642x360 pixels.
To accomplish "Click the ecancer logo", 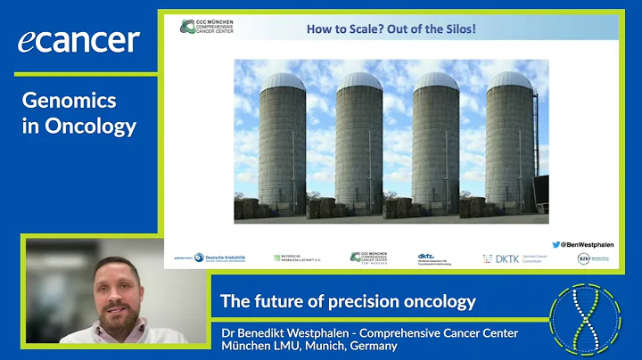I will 78,40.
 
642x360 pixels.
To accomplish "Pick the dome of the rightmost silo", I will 510,81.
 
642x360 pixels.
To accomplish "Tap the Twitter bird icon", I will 556,243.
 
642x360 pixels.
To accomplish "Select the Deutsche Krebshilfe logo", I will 220,258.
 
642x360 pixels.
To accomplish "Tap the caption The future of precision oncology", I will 348,301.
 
